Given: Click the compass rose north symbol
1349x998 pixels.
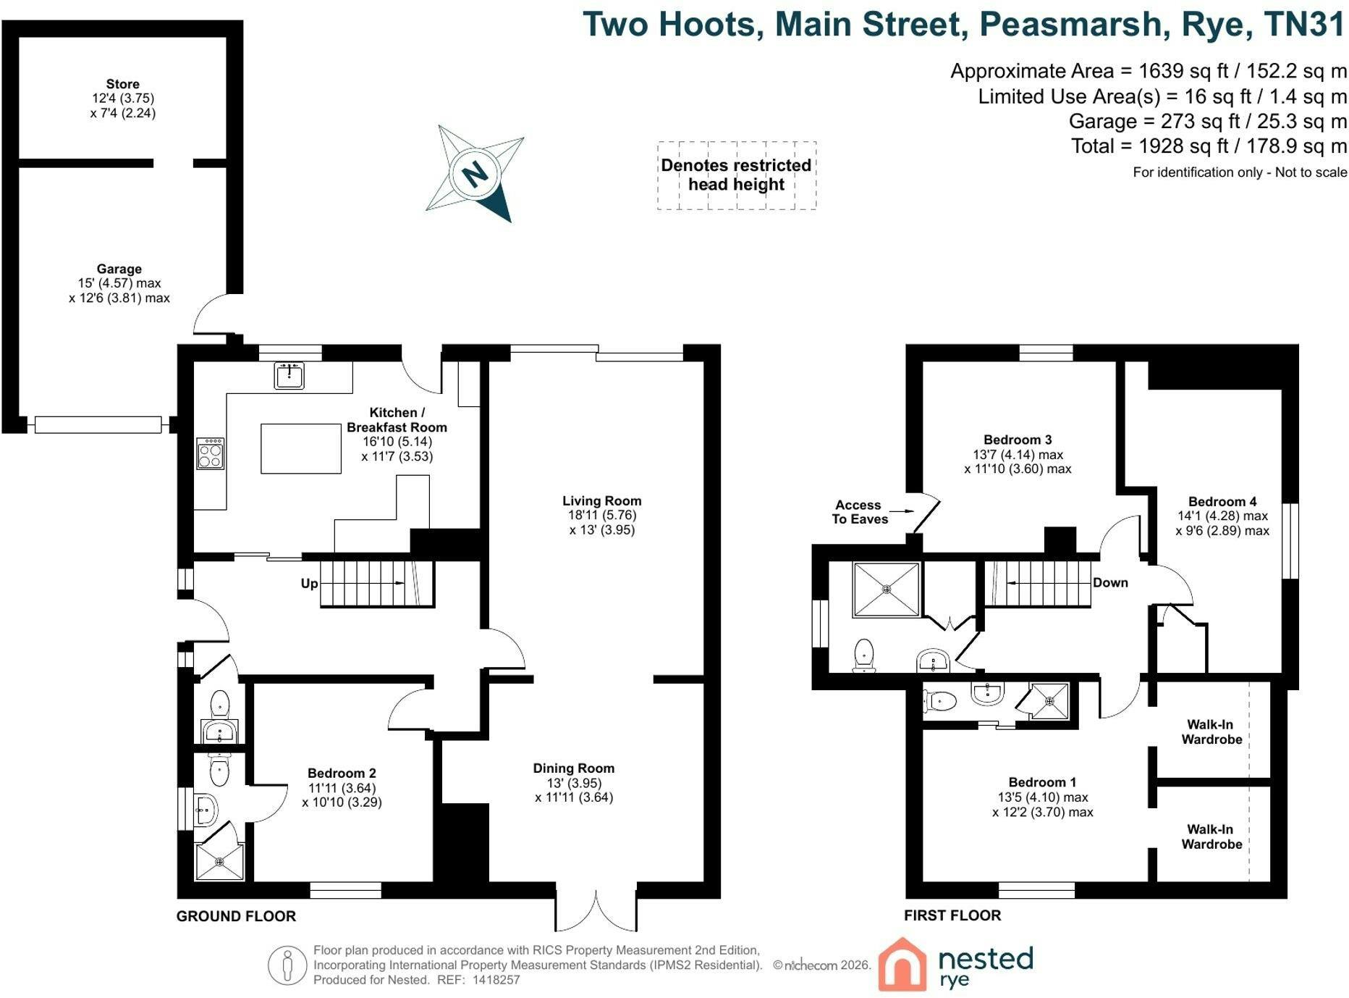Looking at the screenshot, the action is (x=475, y=174).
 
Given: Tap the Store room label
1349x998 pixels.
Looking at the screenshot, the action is (x=122, y=84).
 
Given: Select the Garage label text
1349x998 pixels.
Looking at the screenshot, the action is (x=119, y=269).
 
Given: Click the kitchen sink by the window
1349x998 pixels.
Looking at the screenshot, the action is (x=289, y=376).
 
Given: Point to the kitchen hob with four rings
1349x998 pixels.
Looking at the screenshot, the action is (x=210, y=454).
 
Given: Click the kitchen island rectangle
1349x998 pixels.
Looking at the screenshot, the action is (x=300, y=448).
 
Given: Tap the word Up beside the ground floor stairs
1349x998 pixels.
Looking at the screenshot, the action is (x=309, y=584).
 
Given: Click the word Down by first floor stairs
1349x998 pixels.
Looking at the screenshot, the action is (x=1110, y=582).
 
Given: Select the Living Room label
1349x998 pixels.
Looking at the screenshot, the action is (x=601, y=500).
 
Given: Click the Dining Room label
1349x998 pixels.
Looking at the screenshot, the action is (x=574, y=768).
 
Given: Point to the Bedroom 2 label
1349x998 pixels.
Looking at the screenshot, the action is (x=342, y=773).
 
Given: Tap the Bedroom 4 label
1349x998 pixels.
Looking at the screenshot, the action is (x=1222, y=501).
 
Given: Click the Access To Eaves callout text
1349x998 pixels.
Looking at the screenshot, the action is (x=859, y=512).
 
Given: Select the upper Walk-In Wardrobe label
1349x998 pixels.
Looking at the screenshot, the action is (x=1211, y=731).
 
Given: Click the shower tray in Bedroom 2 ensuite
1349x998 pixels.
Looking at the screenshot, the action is (x=220, y=861).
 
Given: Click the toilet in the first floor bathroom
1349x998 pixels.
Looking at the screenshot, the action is (x=864, y=655).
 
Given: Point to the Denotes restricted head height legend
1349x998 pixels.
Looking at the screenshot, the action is (x=736, y=175).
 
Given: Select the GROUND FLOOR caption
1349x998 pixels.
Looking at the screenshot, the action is (x=236, y=916).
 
